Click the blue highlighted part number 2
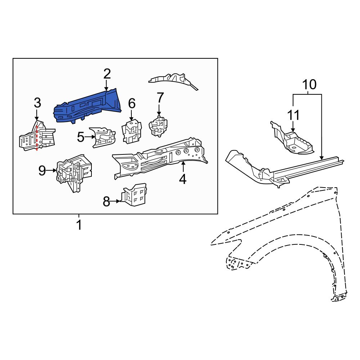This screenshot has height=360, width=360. pos(88,106)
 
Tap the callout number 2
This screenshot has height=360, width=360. pos(107,74)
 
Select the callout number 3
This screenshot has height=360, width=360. pos(37,103)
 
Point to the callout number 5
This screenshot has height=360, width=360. pos(81,137)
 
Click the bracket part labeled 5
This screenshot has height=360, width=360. pos(103,137)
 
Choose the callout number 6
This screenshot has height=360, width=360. pos(132,104)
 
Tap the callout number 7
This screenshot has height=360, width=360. pos(160,98)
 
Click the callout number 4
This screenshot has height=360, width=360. pos(183,179)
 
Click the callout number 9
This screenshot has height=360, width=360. pos(42,171)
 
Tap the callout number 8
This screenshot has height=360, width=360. pos(106,202)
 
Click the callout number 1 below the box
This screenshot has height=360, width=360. pos(78,226)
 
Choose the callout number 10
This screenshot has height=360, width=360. pos(309,85)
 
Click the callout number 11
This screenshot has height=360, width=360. pos(293,116)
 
